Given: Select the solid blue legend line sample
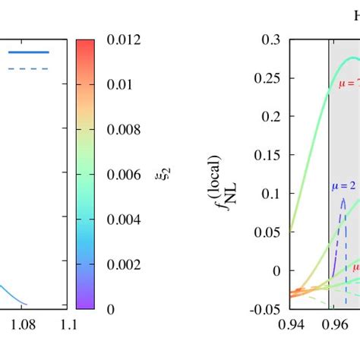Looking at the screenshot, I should click(x=29, y=52).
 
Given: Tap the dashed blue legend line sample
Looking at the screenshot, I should click(x=29, y=68).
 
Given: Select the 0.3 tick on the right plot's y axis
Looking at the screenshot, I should click(x=271, y=39).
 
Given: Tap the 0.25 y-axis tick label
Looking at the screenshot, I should click(x=268, y=78).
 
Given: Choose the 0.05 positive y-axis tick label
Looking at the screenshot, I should click(x=268, y=232).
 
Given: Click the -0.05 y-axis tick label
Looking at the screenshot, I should click(x=267, y=309).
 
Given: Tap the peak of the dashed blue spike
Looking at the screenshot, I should click(x=343, y=200).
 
